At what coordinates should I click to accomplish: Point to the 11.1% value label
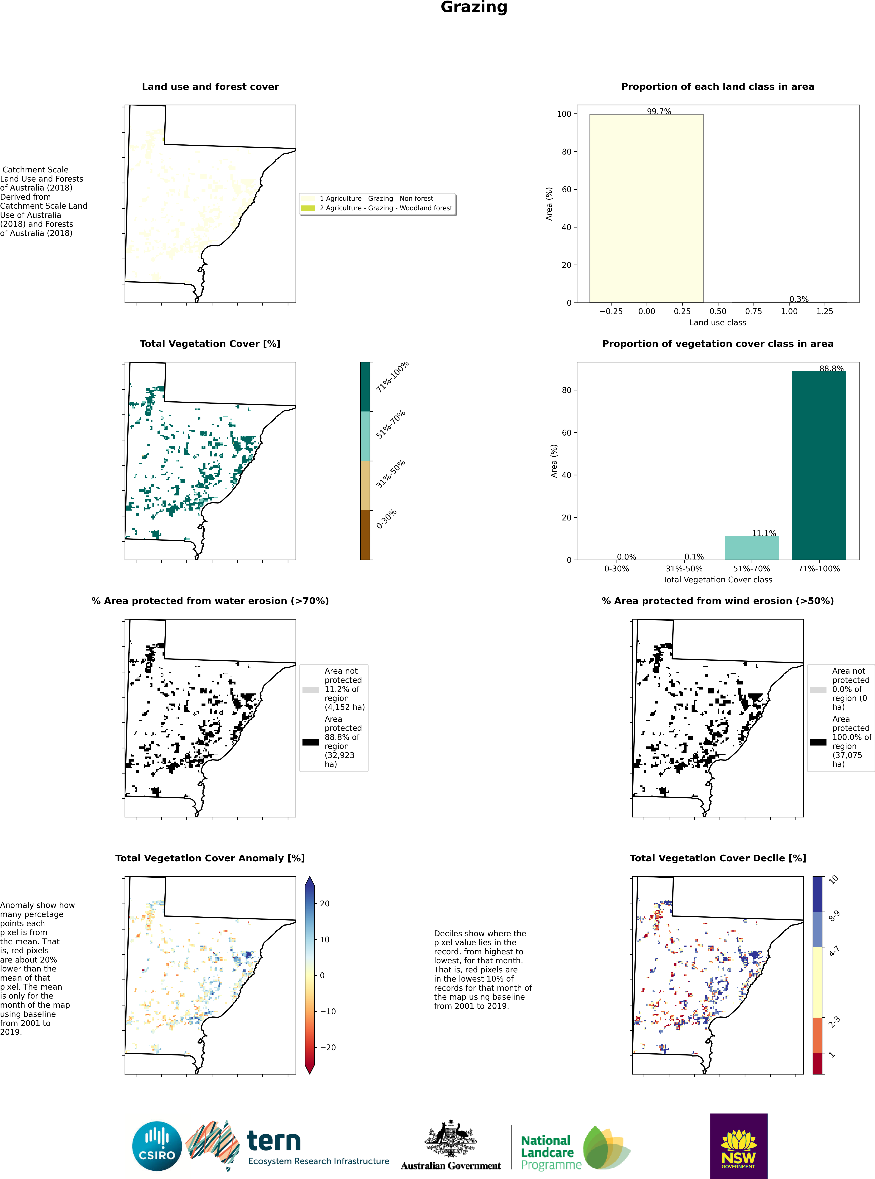point(764,533)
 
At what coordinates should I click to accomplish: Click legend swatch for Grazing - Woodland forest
point(308,208)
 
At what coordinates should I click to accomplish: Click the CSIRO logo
point(157,1147)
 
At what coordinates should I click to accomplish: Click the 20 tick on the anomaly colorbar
point(325,904)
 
